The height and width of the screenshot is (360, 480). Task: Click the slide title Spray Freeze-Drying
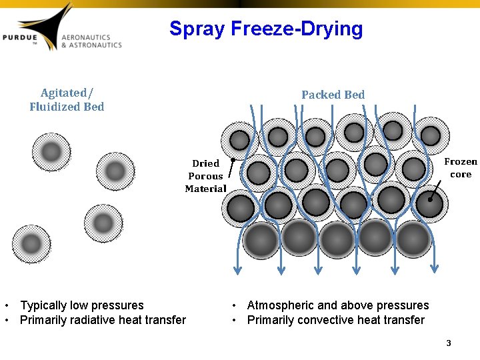266,29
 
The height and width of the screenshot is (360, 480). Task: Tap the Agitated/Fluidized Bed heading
67,99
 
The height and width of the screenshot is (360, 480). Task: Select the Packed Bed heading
333,95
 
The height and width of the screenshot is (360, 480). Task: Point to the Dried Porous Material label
205,176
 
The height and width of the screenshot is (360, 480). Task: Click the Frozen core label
461,167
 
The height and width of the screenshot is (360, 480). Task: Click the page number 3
449,343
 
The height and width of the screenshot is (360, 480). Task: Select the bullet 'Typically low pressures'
82,305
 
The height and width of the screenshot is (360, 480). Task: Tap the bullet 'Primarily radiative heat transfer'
103,320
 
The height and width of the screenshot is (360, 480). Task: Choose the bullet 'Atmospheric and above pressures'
338,305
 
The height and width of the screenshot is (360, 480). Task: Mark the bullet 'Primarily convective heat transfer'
335,320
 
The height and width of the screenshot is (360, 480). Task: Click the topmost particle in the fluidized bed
51,152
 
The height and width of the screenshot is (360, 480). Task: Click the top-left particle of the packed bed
239,140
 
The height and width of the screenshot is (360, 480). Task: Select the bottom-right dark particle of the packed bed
413,238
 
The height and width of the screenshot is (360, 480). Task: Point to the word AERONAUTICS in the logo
86,37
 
